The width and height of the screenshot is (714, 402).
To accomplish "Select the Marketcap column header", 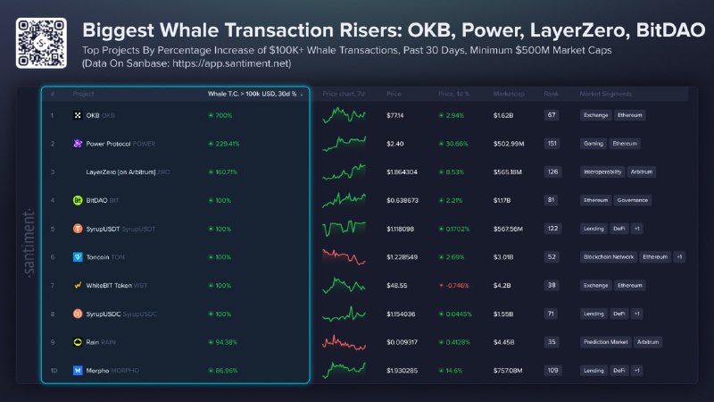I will click(x=509, y=94).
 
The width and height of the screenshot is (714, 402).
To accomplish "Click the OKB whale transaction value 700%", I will click(x=220, y=115).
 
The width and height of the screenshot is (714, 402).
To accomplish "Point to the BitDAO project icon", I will click(x=78, y=200).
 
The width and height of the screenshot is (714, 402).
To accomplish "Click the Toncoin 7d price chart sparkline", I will click(x=345, y=256).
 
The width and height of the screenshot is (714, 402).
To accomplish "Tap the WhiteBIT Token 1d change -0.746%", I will click(x=456, y=285).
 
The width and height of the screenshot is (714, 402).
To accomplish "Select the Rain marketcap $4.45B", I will click(x=505, y=341).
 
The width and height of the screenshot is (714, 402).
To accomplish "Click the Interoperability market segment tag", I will click(x=602, y=172).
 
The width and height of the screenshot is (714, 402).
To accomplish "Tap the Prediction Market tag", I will click(x=605, y=341).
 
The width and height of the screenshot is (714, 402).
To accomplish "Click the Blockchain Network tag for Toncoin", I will click(x=609, y=256).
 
